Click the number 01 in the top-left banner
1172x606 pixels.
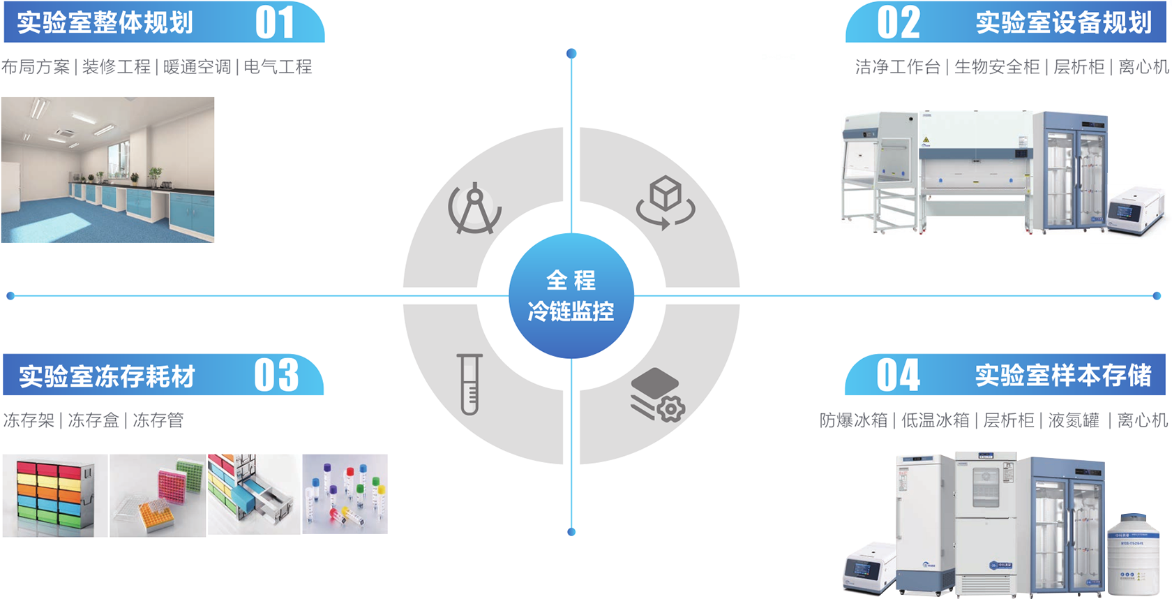(275, 22)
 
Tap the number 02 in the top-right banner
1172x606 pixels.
(899, 22)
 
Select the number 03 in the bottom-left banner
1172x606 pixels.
(276, 375)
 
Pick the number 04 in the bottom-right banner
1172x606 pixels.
(899, 375)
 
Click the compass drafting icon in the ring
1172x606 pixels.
(475, 208)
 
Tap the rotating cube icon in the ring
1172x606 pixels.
(666, 202)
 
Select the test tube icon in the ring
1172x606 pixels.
(469, 384)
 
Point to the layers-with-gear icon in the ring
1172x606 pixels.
(657, 395)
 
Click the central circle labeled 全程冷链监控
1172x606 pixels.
(571, 296)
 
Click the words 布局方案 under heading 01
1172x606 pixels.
(36, 67)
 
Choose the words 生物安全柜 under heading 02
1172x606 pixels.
(997, 67)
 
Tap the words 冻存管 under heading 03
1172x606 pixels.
(158, 420)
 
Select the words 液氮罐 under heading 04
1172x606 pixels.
(1074, 420)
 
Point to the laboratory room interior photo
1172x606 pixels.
(108, 170)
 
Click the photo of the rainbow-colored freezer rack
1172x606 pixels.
(55, 496)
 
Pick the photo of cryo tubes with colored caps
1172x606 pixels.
(345, 494)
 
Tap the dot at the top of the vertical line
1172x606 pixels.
(571, 54)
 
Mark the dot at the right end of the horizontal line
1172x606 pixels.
(1157, 296)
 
